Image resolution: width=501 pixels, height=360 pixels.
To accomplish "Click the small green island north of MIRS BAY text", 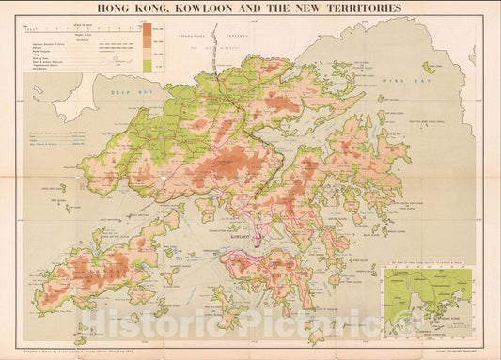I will click(x=428, y=68).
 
